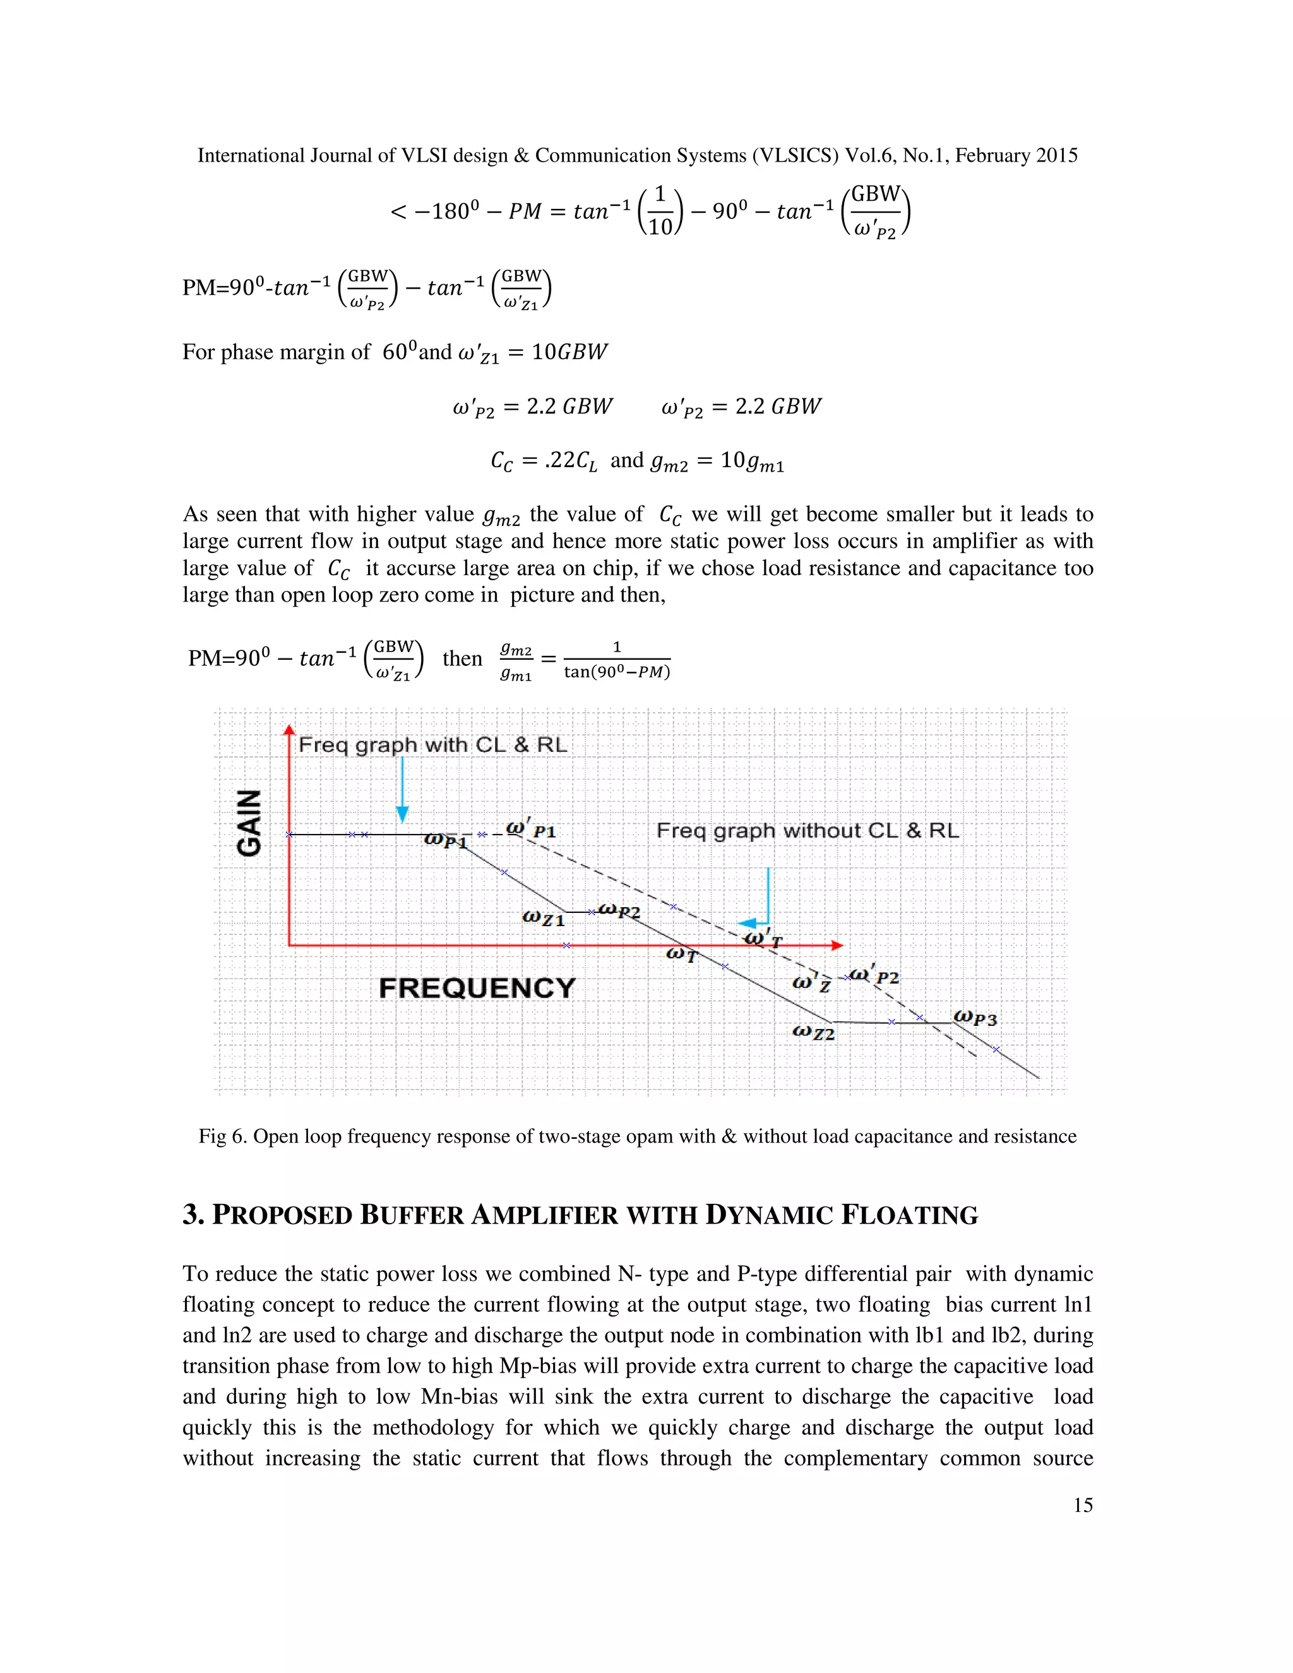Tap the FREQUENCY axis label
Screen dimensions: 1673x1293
477,988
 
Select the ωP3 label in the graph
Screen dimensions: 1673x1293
975,1019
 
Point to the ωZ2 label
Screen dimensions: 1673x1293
813,1033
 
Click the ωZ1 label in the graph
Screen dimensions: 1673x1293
542,918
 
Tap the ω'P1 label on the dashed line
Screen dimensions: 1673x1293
531,829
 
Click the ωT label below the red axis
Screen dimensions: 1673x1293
681,955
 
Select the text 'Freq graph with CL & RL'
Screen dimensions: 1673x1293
432,746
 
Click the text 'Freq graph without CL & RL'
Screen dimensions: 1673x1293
807,831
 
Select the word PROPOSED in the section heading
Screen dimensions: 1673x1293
280,1216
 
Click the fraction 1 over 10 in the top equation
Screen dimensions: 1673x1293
660,211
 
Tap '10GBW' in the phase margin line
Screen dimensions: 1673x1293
569,352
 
